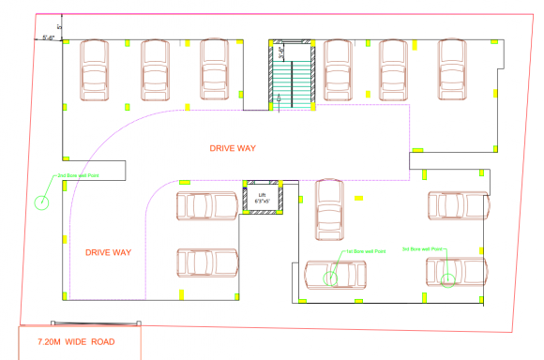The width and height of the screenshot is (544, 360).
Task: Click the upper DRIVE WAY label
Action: tap(233, 148)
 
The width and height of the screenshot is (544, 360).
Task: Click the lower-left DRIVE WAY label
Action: tap(108, 252)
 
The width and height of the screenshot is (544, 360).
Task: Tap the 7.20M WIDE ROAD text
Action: tap(77, 341)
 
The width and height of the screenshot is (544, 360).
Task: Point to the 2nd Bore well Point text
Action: tap(79, 175)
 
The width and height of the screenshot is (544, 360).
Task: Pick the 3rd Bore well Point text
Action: tap(423, 248)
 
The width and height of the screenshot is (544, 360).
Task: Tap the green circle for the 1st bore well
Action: tap(331, 276)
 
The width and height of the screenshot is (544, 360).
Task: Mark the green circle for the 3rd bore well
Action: tap(448, 278)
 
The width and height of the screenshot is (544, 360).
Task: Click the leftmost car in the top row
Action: tap(96, 71)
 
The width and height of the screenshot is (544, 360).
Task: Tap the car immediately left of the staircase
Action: tap(215, 71)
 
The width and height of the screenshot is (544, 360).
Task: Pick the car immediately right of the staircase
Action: tap(338, 71)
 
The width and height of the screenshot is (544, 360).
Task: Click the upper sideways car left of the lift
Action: tap(206, 205)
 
